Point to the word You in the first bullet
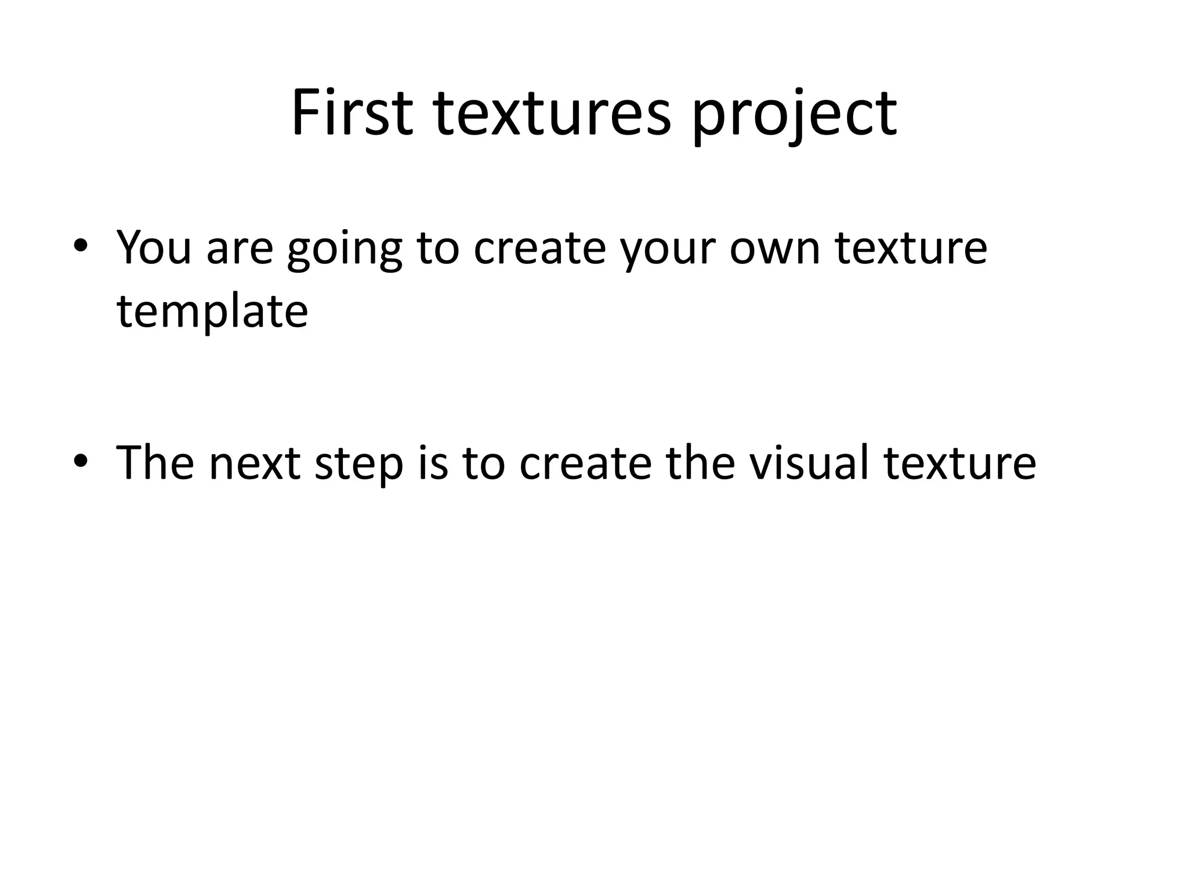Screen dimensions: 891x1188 tap(154, 248)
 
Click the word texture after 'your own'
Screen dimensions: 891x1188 tap(911, 248)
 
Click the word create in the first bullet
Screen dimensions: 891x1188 tap(539, 248)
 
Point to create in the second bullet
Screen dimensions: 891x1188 tap(586, 463)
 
